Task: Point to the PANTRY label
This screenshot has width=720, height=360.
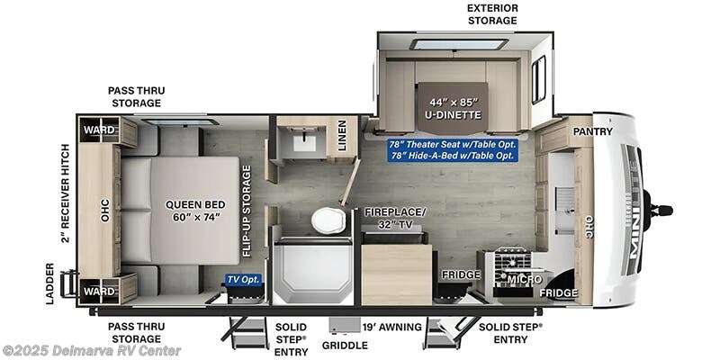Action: (593, 131)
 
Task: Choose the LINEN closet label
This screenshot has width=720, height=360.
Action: (343, 139)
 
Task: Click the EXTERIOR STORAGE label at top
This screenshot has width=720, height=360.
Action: (491, 14)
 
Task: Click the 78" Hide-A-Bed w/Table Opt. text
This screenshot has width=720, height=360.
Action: (451, 156)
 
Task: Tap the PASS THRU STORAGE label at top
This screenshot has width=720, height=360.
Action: (137, 97)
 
